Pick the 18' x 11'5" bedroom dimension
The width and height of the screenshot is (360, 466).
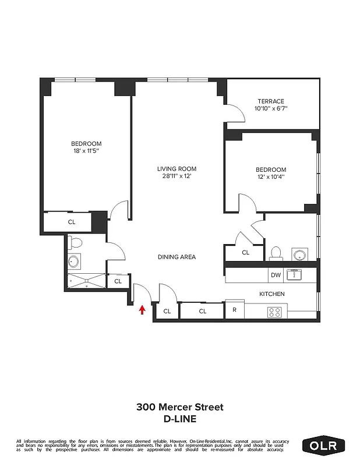(x=86, y=151)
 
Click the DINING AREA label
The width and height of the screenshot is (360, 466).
(x=177, y=257)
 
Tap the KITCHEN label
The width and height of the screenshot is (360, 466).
(x=271, y=294)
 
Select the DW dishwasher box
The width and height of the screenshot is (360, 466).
(x=275, y=275)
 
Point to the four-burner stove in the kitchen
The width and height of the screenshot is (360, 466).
(x=274, y=312)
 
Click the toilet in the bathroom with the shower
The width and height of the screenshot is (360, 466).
(x=75, y=242)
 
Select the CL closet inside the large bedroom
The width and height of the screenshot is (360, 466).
(x=71, y=222)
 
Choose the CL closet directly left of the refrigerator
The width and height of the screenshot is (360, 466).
(x=203, y=312)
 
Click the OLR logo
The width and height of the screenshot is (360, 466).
(x=324, y=446)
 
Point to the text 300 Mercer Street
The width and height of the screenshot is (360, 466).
(x=180, y=407)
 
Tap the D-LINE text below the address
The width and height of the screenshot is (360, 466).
(x=180, y=418)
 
